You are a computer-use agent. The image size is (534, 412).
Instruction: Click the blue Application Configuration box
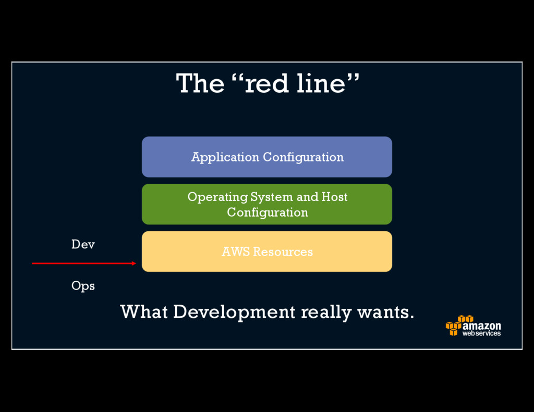[266, 157]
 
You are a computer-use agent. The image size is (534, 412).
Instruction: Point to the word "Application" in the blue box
[225, 157]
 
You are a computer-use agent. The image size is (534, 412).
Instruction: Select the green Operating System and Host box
[266, 204]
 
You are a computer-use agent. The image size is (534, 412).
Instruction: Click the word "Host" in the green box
[334, 197]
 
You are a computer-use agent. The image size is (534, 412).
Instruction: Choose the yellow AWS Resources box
[266, 252]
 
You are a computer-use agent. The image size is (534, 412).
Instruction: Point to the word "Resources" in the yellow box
[283, 252]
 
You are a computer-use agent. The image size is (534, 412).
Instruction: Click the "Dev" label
[83, 244]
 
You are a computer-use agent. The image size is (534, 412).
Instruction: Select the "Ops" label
[83, 286]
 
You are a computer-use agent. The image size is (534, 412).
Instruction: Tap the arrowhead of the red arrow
[133, 264]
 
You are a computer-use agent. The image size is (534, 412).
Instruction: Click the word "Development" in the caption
[234, 313]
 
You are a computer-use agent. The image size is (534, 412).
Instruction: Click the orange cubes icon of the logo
[458, 325]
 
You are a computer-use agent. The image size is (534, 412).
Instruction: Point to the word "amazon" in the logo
[481, 326]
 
